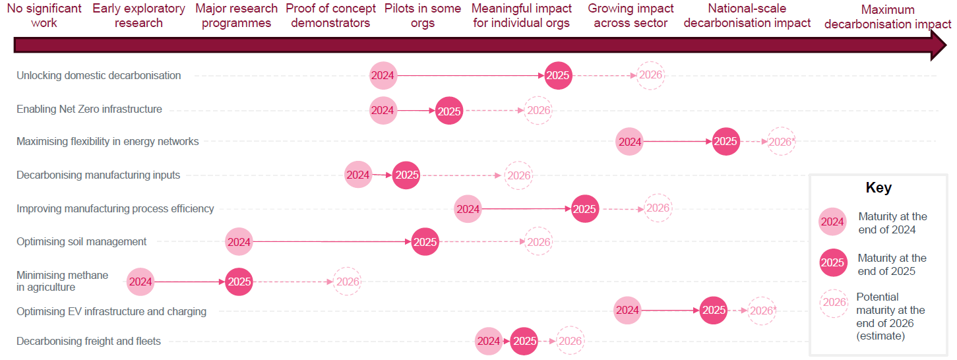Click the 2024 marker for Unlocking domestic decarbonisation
pyautogui.click(x=383, y=75)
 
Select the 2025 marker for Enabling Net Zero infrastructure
pyautogui.click(x=449, y=111)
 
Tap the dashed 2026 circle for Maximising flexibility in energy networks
pyautogui.click(x=782, y=141)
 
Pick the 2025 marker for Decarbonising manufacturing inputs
pyautogui.click(x=406, y=175)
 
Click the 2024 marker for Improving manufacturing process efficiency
pyautogui.click(x=468, y=209)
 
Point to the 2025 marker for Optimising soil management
pyautogui.click(x=425, y=242)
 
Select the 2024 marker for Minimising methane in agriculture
pyautogui.click(x=140, y=282)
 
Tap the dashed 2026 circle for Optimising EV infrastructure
pyautogui.click(x=762, y=311)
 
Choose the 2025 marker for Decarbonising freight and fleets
pyautogui.click(x=525, y=341)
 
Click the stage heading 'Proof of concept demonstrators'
pyautogui.click(x=330, y=16)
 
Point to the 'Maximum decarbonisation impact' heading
pyautogui.click(x=888, y=17)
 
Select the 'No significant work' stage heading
pyautogui.click(x=44, y=16)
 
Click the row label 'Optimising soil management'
pyautogui.click(x=82, y=242)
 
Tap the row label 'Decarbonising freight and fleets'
pyautogui.click(x=88, y=342)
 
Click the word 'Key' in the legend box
pyautogui.click(x=879, y=188)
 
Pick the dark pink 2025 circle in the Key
pyautogui.click(x=833, y=262)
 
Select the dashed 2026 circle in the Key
pyautogui.click(x=834, y=303)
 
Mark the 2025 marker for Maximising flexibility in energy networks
pyautogui.click(x=725, y=141)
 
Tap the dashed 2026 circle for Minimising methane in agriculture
pyautogui.click(x=348, y=282)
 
